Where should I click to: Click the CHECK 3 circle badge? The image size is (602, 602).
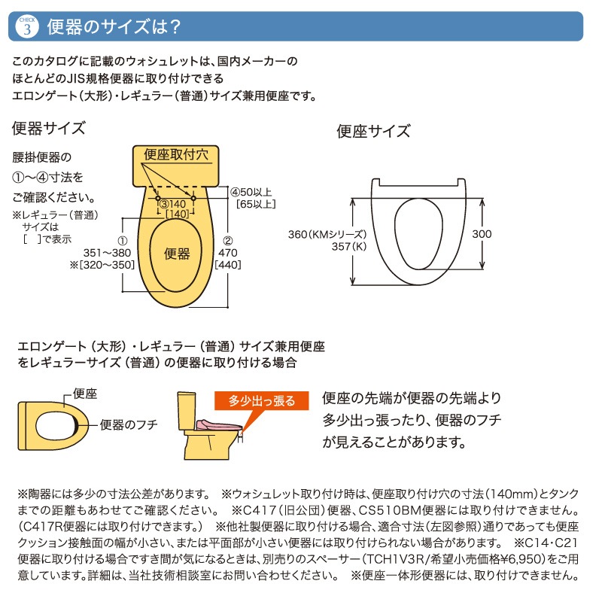coord(27,26)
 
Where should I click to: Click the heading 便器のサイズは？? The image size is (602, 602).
coord(113,27)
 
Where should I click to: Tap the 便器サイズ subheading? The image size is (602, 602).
coord(48,127)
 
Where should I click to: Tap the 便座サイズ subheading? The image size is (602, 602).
coord(373,131)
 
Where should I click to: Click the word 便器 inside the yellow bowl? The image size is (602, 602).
coord(177,254)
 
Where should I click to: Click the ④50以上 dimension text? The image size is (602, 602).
coord(251,192)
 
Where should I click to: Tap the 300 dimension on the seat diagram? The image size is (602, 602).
coord(482,234)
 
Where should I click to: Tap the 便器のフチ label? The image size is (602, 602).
coord(129,425)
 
